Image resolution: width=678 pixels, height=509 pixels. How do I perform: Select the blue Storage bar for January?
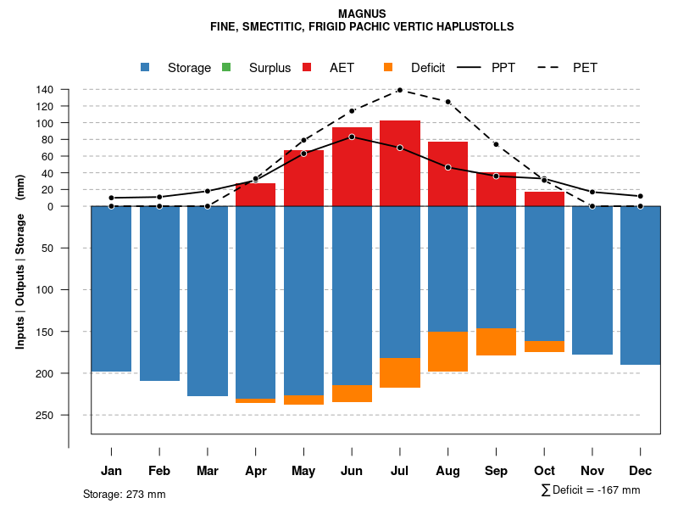[111, 288]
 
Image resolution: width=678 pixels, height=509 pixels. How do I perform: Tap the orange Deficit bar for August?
[448, 351]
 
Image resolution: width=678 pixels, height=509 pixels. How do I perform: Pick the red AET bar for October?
[544, 199]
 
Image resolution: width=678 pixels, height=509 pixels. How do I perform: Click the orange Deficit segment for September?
[496, 341]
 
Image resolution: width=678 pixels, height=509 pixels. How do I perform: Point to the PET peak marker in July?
[400, 90]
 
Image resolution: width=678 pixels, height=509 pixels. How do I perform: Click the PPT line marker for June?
[352, 137]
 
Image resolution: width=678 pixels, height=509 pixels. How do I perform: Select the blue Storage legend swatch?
[146, 67]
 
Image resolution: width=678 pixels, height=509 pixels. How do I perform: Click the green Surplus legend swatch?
[226, 67]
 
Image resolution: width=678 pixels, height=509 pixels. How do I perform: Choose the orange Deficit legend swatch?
[388, 67]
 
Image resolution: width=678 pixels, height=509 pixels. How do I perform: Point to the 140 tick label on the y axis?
[45, 90]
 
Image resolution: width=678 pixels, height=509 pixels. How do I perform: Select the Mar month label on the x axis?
[207, 471]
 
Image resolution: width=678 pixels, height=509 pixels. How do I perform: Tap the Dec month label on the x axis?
[641, 471]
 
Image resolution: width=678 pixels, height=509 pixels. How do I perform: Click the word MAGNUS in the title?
[362, 14]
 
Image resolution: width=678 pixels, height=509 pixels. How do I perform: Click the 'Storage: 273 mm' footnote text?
[124, 494]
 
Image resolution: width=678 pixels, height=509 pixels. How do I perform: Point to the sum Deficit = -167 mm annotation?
[591, 490]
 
